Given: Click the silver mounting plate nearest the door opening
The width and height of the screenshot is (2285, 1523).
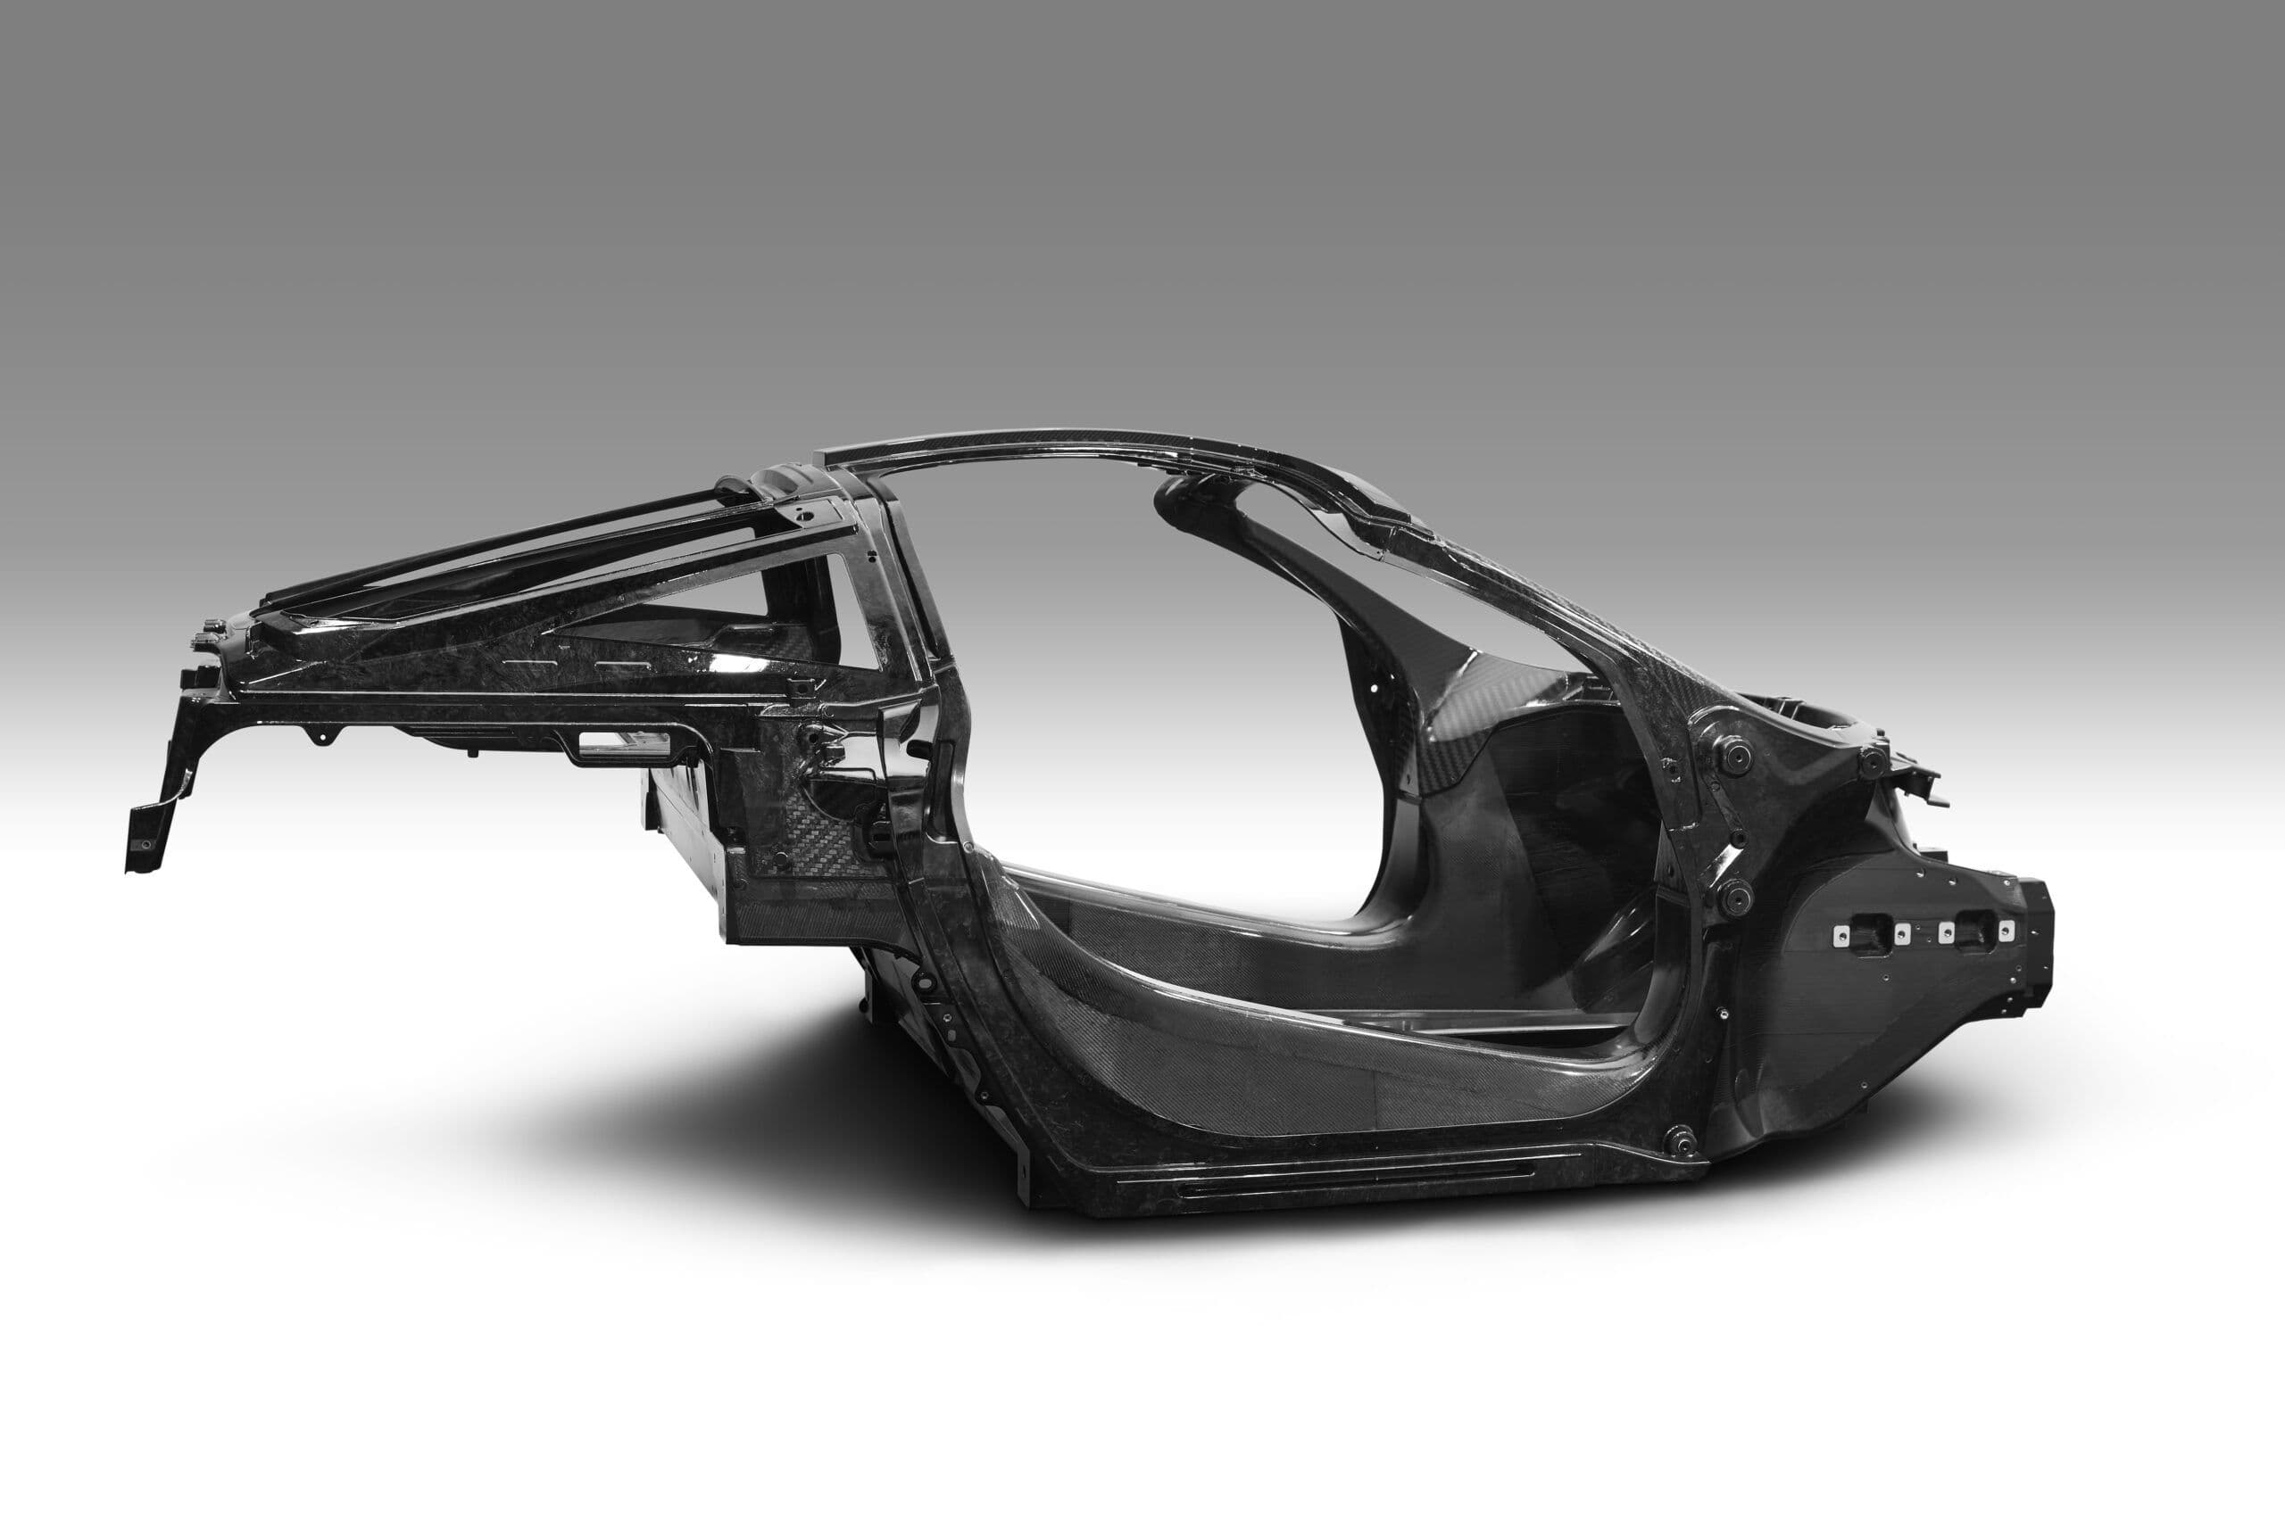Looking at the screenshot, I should (1839, 934).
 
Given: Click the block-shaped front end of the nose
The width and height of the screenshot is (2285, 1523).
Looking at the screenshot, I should (2031, 932).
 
